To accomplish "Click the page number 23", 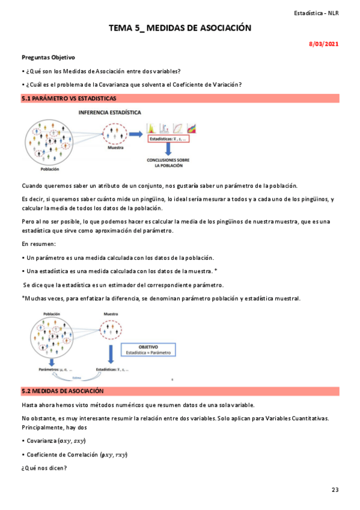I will [x=335, y=490].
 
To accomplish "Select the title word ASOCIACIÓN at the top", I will [x=218, y=28].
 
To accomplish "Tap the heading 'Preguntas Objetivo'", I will [x=48, y=58].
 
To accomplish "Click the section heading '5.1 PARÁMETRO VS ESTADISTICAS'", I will [x=69, y=98].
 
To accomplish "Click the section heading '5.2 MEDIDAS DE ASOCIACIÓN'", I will [x=63, y=391].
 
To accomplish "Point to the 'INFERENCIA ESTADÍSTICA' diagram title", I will [x=111, y=112].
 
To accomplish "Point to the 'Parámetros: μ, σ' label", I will [x=55, y=369].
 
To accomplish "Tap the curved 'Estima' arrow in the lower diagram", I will [x=77, y=378].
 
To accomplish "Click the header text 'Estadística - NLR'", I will [x=316, y=13].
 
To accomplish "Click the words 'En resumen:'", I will [x=38, y=244].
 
